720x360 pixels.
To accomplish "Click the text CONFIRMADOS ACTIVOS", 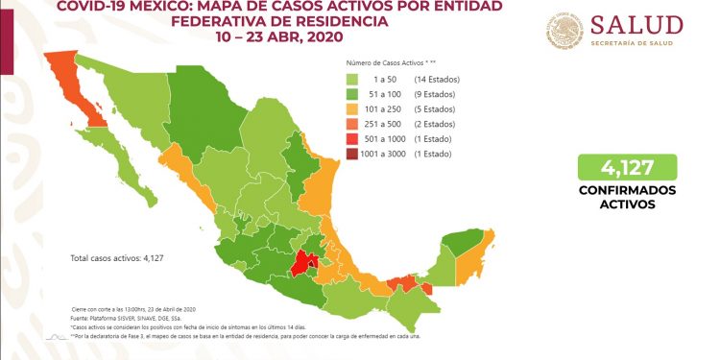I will (x=628, y=197).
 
